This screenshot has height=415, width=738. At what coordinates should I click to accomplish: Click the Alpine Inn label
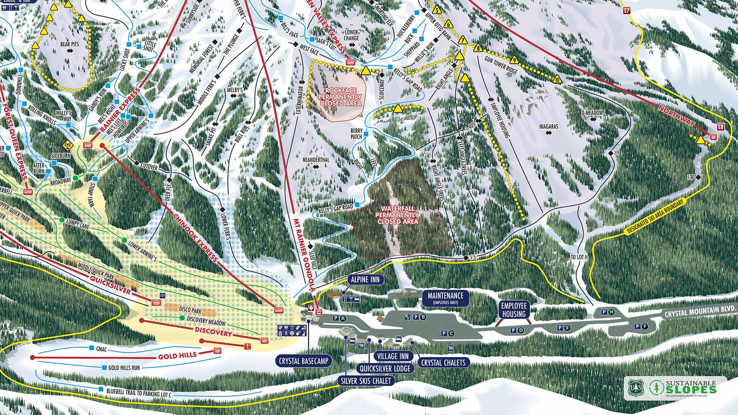[x=365, y=280]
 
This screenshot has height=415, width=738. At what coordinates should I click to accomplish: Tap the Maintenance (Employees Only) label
[x=445, y=298]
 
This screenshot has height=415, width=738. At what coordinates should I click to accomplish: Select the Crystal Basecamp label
[x=304, y=361]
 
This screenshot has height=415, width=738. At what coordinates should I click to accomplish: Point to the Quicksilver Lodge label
[x=385, y=369]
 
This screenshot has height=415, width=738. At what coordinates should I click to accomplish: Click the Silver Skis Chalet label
[x=366, y=381]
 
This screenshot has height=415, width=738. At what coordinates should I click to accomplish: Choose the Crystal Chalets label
[x=443, y=362]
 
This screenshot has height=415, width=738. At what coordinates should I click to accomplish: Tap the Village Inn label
[x=393, y=356]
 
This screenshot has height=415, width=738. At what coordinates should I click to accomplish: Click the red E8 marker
[x=720, y=127]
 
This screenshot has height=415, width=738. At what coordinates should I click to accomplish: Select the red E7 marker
[x=627, y=11]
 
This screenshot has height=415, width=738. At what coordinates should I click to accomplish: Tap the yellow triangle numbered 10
[x=558, y=80]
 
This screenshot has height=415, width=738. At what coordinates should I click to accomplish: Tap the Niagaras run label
[x=548, y=126]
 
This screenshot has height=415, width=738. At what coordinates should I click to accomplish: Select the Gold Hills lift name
[x=178, y=356]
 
